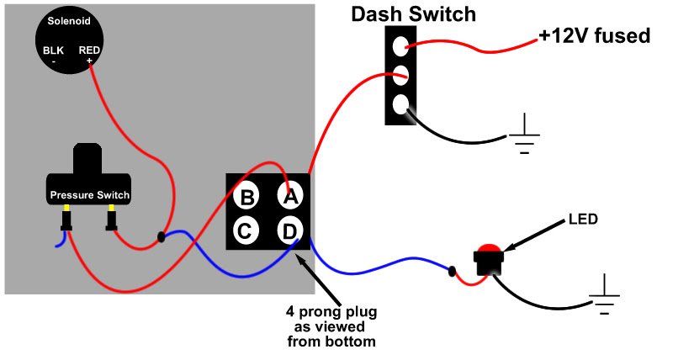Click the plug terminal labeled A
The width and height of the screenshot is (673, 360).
290,196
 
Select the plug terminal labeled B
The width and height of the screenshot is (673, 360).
247,197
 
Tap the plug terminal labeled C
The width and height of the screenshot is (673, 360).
247,230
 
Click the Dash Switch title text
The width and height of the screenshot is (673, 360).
413,14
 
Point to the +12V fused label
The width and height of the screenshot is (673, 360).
594,36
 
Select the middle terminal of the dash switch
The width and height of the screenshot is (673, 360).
401,74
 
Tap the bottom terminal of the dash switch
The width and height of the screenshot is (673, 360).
401,105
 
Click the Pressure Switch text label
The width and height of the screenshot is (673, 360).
89,195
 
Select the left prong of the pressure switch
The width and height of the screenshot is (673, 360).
66,221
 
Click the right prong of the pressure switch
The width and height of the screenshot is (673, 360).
110,221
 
